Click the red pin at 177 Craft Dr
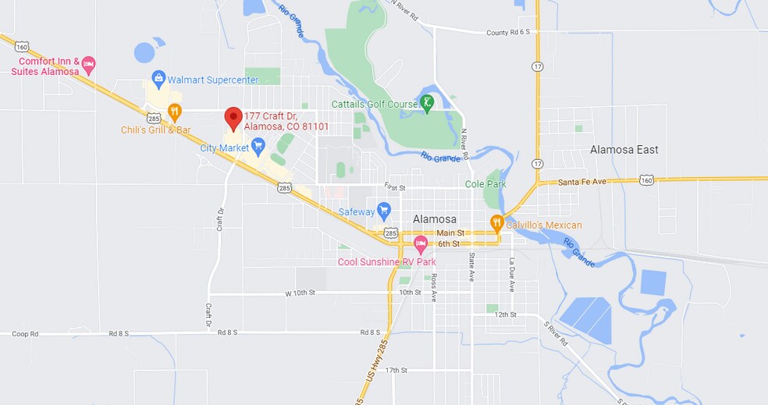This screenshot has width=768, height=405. [233, 118]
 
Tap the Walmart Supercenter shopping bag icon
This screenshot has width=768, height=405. [159, 78]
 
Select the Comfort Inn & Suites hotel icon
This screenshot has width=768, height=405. [88, 63]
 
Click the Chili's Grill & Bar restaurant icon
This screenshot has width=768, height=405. [174, 112]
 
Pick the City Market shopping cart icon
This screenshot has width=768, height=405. [258, 145]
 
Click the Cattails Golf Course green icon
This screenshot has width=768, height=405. [427, 102]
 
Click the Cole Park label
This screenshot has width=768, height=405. [485, 184]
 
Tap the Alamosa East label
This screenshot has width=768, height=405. [624, 150]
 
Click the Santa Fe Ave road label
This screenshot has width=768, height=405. [582, 182]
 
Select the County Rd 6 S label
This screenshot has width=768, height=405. [507, 33]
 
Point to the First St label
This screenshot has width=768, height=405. [395, 187]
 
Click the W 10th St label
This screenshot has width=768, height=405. [299, 293]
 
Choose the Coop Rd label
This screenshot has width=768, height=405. [25, 333]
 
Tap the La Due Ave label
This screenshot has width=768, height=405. [512, 274]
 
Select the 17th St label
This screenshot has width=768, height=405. [396, 370]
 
